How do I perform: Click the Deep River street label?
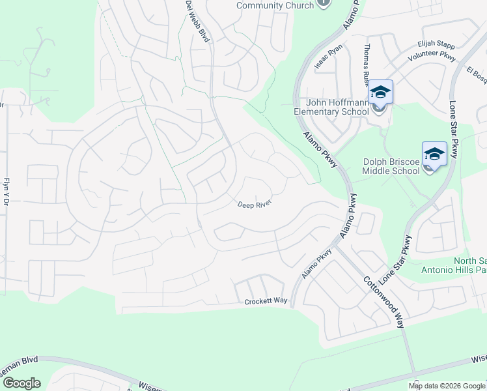pos(254,204)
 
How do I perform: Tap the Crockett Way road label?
pos(266,302)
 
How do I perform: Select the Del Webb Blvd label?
pos(198,21)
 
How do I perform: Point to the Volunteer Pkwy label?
pos(430,57)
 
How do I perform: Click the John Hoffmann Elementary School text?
pos(333,106)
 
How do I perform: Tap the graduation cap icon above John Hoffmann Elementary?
pos(381,93)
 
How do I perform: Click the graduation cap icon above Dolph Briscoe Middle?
pos(434,154)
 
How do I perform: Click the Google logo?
pos(21,383)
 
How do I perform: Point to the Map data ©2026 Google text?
pos(447,386)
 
